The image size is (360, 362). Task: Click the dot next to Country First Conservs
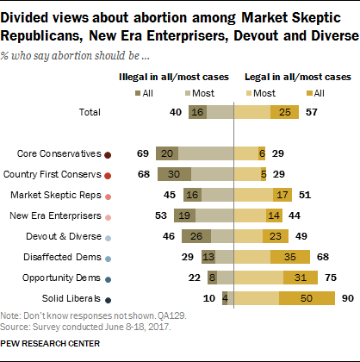click(108, 175)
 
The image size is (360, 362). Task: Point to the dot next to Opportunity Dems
click(108, 278)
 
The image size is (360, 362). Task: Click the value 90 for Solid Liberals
click(346, 299)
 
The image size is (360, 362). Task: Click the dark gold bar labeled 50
click(306, 299)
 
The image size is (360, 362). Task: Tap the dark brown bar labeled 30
click(175, 175)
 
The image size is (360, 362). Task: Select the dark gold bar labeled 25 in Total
click(282, 112)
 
